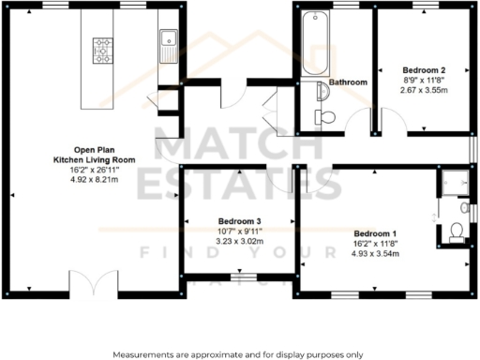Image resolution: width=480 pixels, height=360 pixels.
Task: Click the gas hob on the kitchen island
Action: pyautogui.click(x=102, y=50)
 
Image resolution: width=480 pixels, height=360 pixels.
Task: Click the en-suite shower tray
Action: pyautogui.click(x=454, y=183)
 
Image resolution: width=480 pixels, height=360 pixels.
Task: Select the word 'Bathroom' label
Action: pyautogui.click(x=347, y=82)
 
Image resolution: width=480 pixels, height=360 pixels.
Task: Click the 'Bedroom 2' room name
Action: pyautogui.click(x=423, y=70)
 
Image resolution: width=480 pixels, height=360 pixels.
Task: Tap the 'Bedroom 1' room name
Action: pyautogui.click(x=374, y=232)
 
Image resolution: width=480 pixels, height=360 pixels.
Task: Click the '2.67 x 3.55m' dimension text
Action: pyautogui.click(x=423, y=90)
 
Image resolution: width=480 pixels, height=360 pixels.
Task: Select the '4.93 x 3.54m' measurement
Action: pyautogui.click(x=374, y=252)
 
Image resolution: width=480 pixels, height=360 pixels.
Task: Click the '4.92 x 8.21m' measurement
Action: pyautogui.click(x=93, y=180)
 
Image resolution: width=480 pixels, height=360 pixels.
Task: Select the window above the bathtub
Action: pyautogui.click(x=315, y=7)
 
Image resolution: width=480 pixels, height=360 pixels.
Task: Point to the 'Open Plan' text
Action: pyautogui.click(x=94, y=150)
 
